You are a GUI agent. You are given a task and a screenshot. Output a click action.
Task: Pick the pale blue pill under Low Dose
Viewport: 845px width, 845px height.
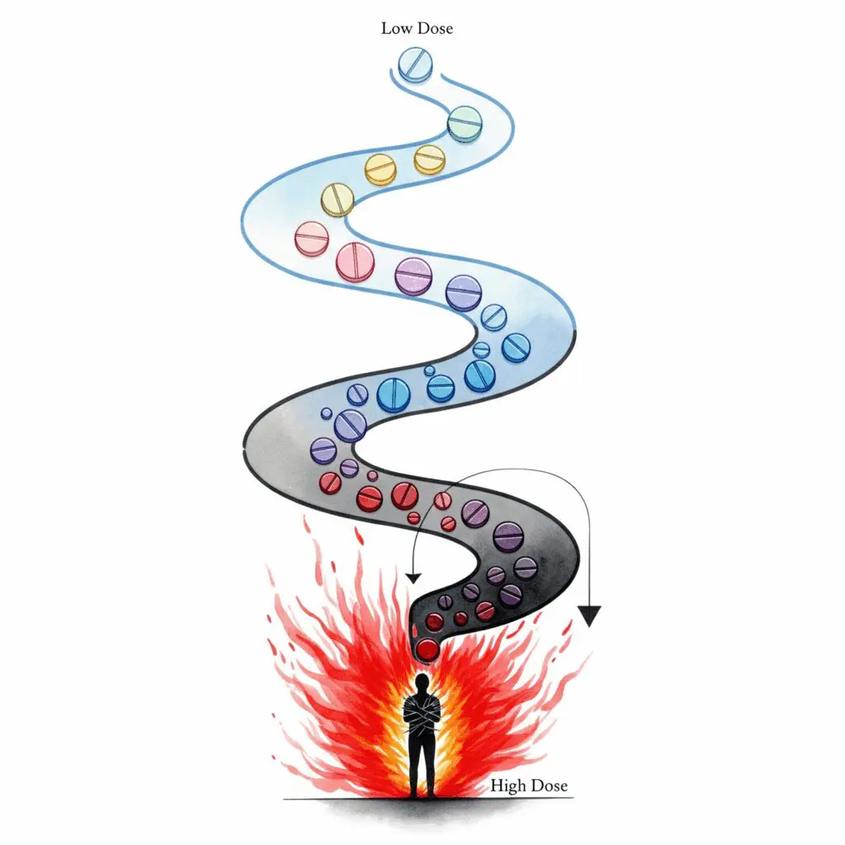[x=415, y=65]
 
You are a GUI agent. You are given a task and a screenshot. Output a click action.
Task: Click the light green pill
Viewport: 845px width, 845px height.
[x=465, y=123]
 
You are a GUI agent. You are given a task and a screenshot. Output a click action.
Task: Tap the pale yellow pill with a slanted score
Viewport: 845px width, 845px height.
[x=337, y=200]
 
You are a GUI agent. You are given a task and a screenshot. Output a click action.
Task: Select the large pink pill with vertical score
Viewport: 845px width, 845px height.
[x=356, y=262]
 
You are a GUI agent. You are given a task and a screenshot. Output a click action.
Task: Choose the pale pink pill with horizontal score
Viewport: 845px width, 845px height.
[x=311, y=239]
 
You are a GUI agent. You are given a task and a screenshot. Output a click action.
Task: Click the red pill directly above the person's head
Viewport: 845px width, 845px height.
[x=427, y=649]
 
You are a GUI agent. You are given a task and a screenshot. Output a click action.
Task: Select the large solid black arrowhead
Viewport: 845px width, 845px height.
[x=588, y=616]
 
